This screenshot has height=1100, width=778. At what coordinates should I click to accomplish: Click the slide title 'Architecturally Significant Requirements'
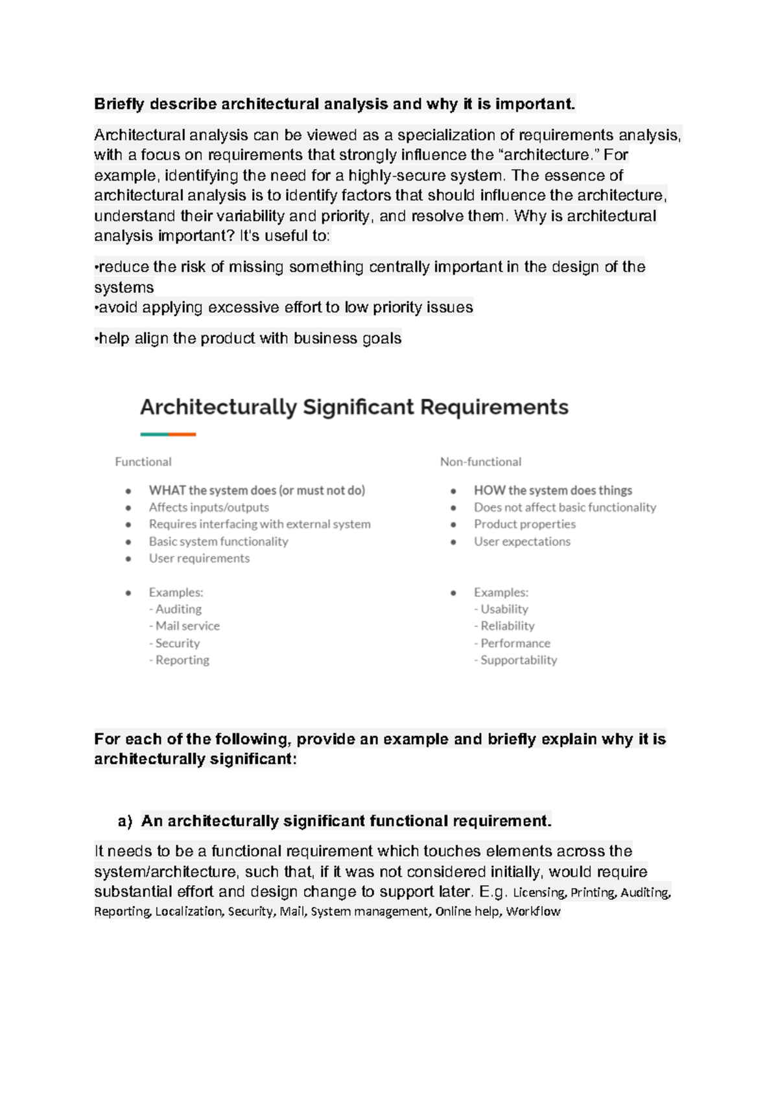pos(354,407)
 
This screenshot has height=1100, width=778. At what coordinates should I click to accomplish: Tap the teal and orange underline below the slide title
pos(168,435)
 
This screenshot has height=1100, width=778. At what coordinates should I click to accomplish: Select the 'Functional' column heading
pos(143,462)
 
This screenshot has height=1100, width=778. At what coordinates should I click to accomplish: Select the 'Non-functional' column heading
pos(480,462)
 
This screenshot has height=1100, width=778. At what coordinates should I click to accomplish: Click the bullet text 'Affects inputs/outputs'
pos(209,507)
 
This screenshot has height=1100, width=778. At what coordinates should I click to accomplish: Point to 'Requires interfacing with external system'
pos(259,524)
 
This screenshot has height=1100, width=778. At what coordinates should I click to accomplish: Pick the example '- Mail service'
pos(185,626)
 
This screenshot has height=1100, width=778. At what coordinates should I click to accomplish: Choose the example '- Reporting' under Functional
pos(180,660)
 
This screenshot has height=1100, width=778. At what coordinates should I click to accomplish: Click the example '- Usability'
pos(501,609)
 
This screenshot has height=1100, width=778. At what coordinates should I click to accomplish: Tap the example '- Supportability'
pos(515,660)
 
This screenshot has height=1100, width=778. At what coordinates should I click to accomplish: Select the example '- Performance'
pos(512,643)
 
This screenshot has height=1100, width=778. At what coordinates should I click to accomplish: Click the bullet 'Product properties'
pos(525,524)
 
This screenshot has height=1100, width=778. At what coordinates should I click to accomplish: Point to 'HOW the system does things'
pos(552,490)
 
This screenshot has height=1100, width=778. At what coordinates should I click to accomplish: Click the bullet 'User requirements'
pos(199,558)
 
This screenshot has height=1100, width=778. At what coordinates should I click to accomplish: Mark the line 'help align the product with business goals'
pos(249,338)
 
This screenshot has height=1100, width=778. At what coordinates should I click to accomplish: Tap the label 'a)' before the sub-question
pos(125,821)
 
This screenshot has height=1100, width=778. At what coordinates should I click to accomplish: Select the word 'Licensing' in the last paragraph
pos(539,893)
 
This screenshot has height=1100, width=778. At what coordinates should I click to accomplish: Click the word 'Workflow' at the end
pos(533,911)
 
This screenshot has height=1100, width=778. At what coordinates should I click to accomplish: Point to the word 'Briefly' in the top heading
pos(119,104)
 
